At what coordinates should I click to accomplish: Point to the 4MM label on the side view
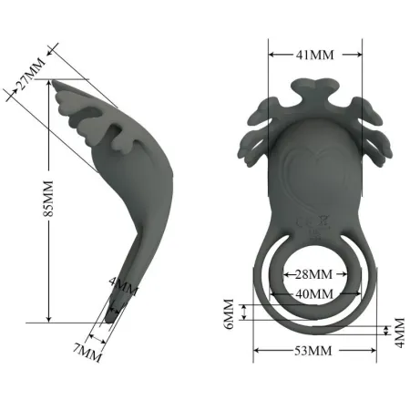123,290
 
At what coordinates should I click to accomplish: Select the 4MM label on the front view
397,331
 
